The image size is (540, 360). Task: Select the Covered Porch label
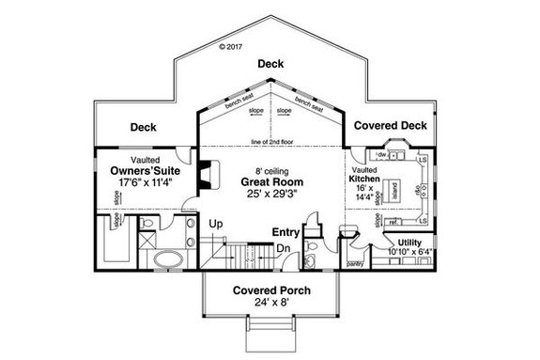tap(271, 290)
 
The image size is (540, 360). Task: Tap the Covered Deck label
tap(390, 125)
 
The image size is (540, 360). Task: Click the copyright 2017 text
tap(229, 44)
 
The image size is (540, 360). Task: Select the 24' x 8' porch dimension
tap(271, 304)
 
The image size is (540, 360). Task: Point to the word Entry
tap(285, 231)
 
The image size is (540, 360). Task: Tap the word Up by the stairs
tap(215, 224)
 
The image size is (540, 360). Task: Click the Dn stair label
tap(282, 247)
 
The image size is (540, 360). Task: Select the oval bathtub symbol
tap(169, 258)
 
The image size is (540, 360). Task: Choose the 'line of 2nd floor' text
tap(271, 142)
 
